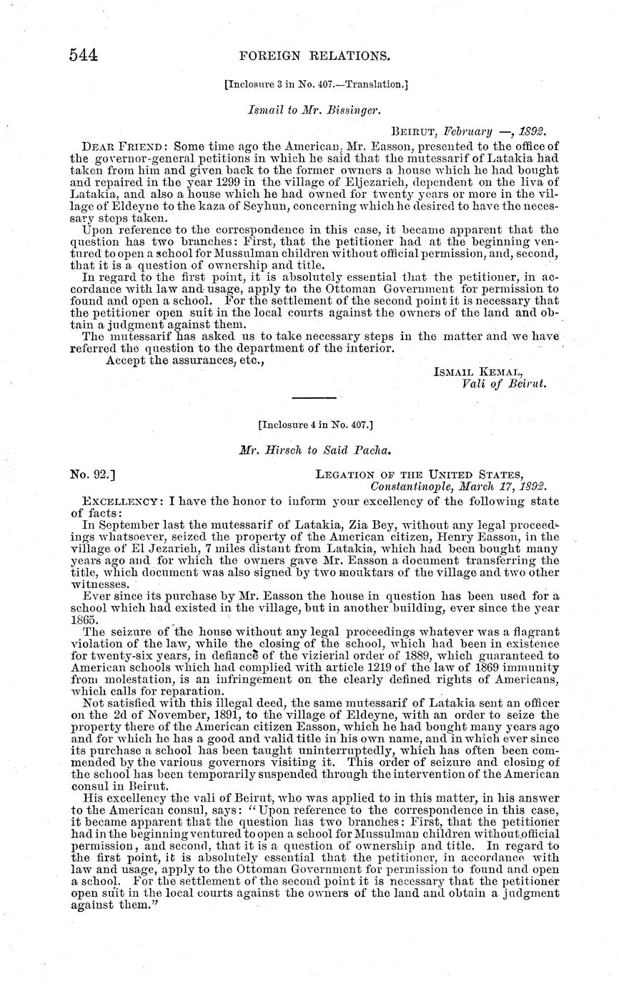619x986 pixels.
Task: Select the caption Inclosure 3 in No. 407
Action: (316, 84)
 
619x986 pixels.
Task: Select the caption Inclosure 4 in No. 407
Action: (315, 424)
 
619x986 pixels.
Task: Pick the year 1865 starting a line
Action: (84, 620)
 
